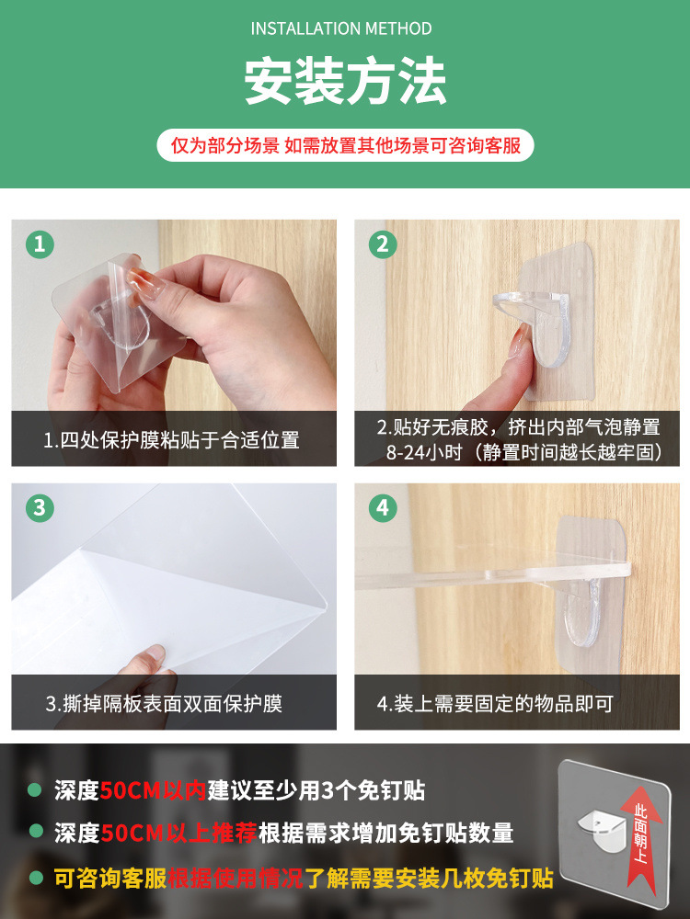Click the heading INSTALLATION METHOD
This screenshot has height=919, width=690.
341,28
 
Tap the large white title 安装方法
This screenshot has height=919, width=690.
345,81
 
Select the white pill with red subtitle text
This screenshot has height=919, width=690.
345,145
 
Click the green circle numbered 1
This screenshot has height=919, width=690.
40,244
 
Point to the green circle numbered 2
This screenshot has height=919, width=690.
383,244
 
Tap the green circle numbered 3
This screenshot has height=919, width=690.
40,507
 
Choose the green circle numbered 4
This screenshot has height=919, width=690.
383,507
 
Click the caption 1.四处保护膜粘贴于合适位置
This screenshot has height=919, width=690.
171,439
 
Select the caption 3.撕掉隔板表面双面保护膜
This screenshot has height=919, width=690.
165,703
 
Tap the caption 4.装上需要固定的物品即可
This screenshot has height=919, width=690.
495,703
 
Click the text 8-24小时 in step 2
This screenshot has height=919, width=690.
424,452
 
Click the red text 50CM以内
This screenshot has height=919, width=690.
153,790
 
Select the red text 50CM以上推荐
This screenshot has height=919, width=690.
179,833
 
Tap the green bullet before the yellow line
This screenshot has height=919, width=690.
37,878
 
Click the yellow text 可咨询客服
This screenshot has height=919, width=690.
111,878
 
